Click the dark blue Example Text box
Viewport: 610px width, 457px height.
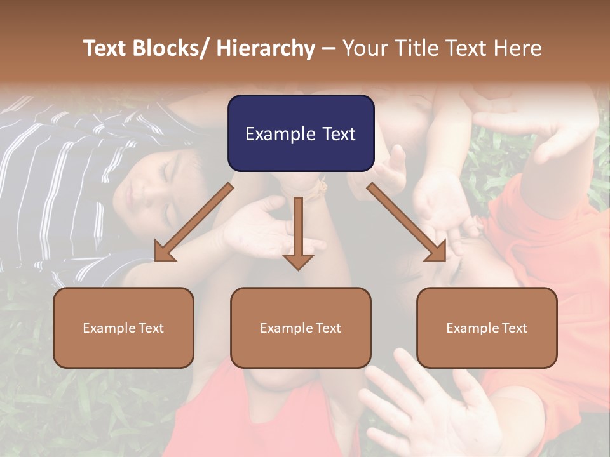coord(301,133)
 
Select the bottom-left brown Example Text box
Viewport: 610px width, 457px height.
coord(123,328)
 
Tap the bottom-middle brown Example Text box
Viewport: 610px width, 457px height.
coord(301,328)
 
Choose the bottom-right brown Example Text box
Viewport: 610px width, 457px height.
coord(487,328)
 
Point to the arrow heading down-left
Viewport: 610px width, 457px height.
coord(191,222)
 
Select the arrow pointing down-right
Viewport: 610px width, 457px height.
coord(407,222)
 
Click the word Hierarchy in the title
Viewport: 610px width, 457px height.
coord(266,48)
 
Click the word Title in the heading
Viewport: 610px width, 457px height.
coord(417,48)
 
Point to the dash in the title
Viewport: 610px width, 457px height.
coord(328,49)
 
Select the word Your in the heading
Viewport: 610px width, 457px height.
coord(365,48)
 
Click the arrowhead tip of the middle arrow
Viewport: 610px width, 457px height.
coord(298,268)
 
